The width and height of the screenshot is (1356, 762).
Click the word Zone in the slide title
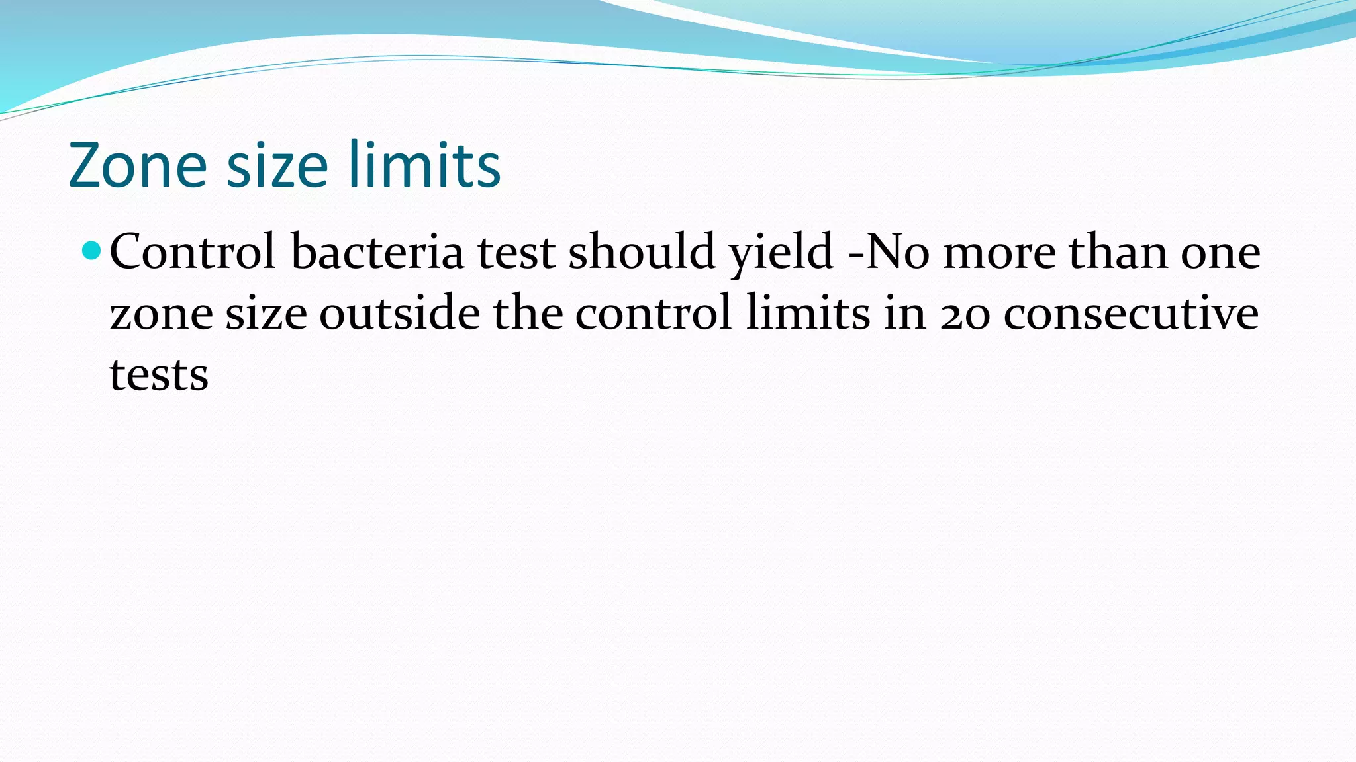click(138, 165)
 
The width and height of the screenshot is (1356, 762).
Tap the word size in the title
click(277, 165)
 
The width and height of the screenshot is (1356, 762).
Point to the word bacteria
click(377, 252)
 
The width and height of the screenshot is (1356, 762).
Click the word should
click(642, 252)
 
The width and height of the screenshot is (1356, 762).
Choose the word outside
click(400, 313)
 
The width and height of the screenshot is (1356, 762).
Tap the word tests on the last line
click(159, 375)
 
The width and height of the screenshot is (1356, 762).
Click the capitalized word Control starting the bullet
click(193, 252)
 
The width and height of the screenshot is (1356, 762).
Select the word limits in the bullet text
click(808, 313)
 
